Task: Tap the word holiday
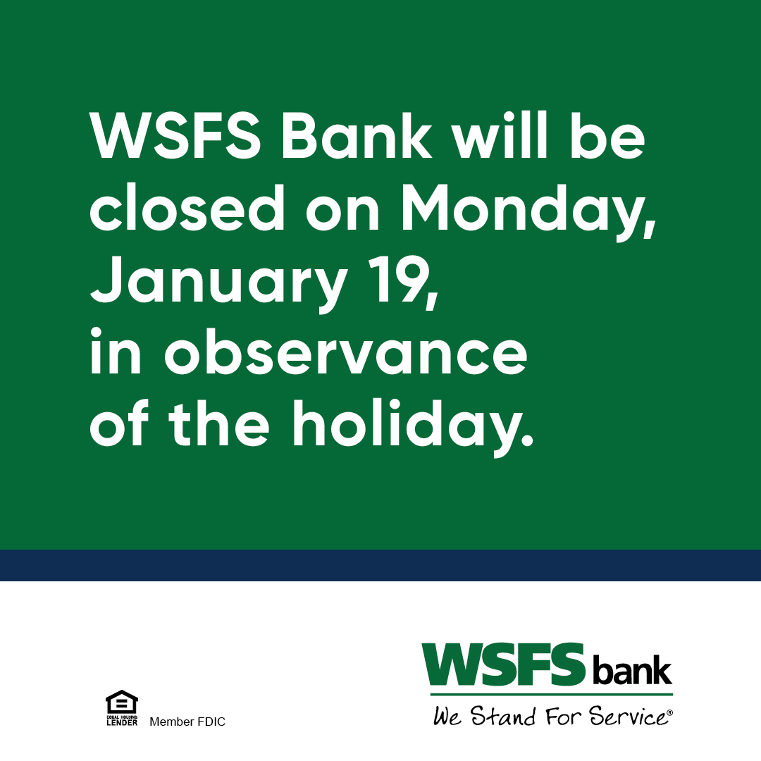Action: (x=412, y=427)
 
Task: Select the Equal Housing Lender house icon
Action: (x=121, y=703)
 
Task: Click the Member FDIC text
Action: (x=187, y=722)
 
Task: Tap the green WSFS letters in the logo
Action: (x=503, y=665)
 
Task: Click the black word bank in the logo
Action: (x=632, y=672)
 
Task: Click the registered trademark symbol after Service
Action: (x=669, y=713)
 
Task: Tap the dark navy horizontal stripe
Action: (x=380, y=565)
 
